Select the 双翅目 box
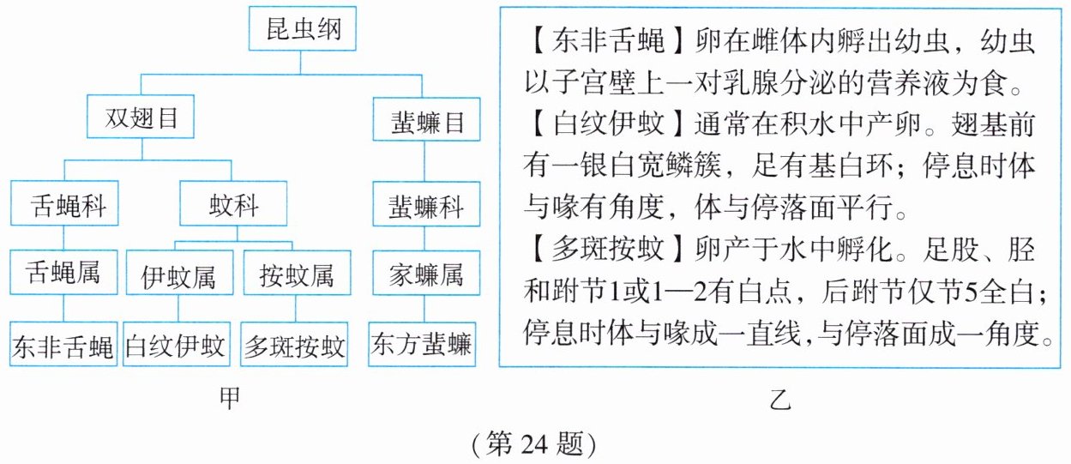pos(141,120)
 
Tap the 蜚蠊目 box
pos(421,123)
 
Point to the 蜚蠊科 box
pos(421,208)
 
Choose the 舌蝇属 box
pos(64,274)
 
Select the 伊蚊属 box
pos(178,277)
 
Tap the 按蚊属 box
pos(295,277)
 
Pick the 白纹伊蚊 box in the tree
pos(176,346)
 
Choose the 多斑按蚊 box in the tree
pos(295,346)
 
